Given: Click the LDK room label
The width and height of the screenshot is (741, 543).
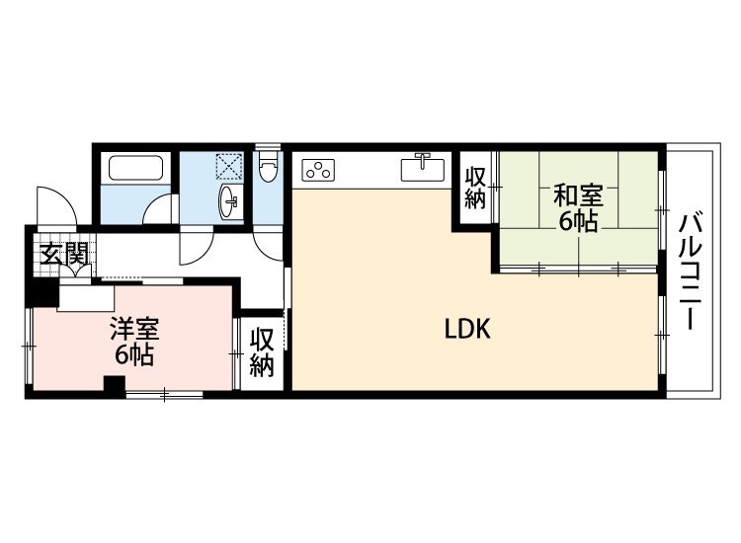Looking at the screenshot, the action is [467, 329].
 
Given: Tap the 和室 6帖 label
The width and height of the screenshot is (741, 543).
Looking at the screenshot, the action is [578, 207].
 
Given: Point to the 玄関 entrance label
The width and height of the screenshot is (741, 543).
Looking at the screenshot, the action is [64, 255].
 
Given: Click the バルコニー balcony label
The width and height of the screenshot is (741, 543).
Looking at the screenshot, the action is [691, 271].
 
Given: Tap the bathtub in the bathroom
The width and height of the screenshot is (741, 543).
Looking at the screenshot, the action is [136, 168].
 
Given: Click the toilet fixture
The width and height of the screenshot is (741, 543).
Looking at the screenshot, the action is [268, 165].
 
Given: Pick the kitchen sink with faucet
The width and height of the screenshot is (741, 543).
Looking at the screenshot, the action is [423, 168].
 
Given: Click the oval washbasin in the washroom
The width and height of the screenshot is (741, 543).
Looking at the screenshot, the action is [230, 201].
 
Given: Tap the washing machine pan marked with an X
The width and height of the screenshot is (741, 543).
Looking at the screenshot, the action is [229, 166].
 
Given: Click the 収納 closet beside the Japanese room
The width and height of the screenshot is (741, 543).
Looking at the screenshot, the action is [475, 189].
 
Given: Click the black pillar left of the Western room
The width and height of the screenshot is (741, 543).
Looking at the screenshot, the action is [44, 292].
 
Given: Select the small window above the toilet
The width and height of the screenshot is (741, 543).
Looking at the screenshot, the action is [268, 146].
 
